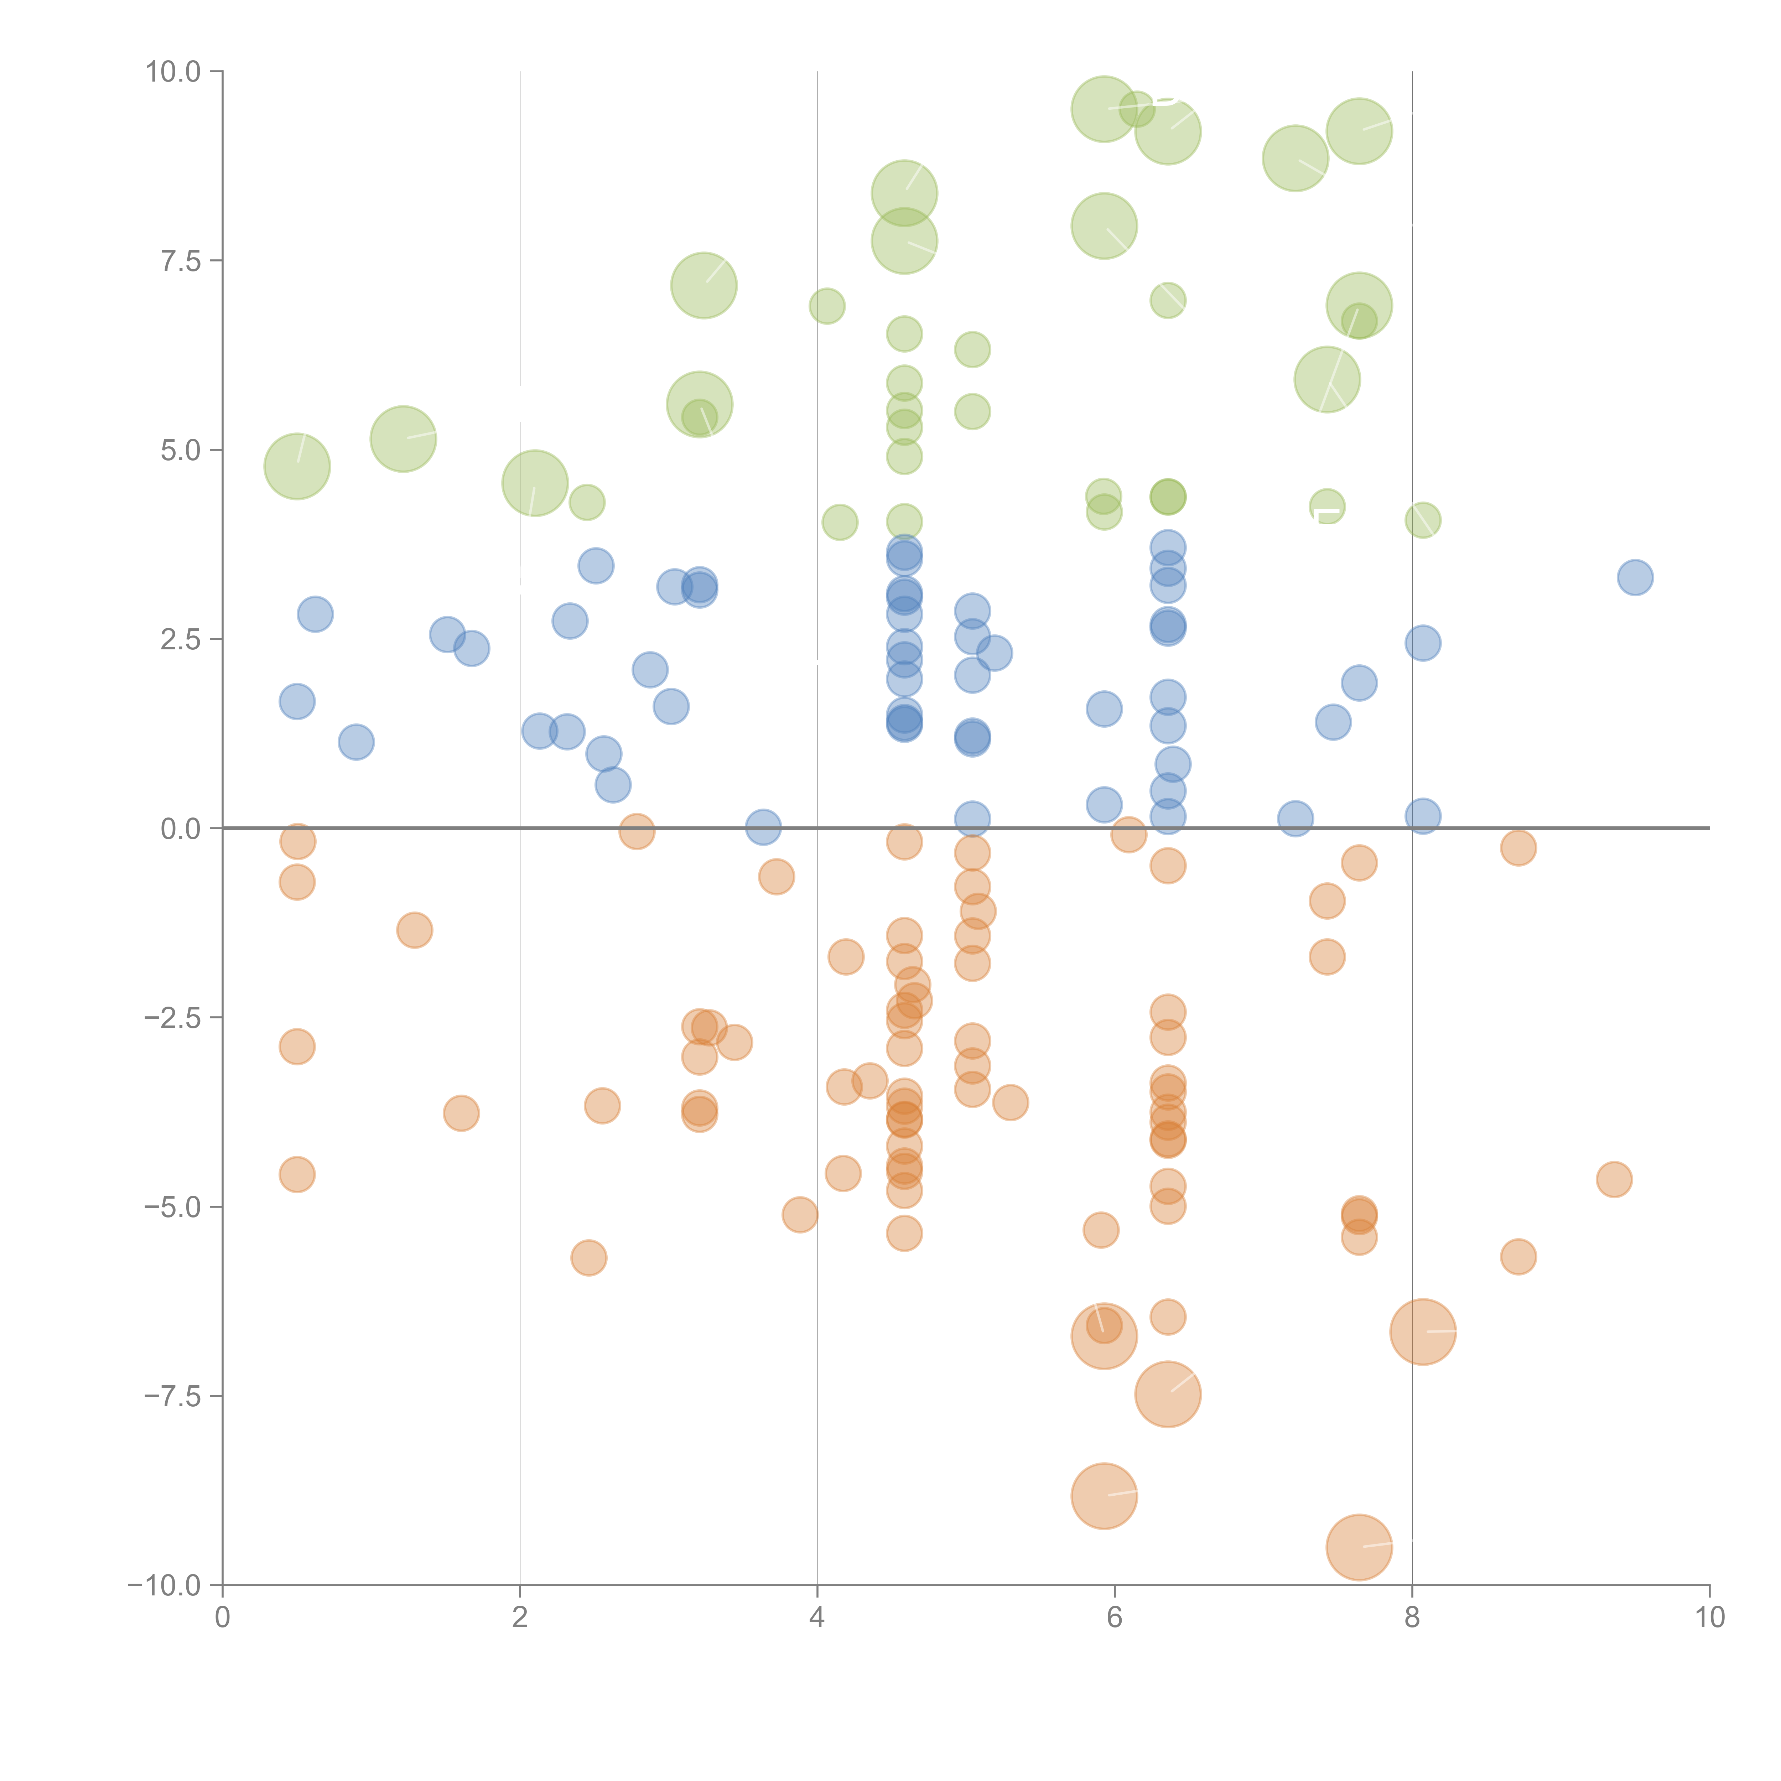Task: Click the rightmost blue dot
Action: [x=1635, y=578]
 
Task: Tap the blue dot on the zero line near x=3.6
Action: [x=762, y=827]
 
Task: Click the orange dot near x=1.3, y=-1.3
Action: [x=415, y=930]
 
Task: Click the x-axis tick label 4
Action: [x=817, y=1618]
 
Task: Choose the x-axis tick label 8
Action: [x=1412, y=1618]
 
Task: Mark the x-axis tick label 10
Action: [x=1709, y=1618]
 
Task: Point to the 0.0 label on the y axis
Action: [x=181, y=829]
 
